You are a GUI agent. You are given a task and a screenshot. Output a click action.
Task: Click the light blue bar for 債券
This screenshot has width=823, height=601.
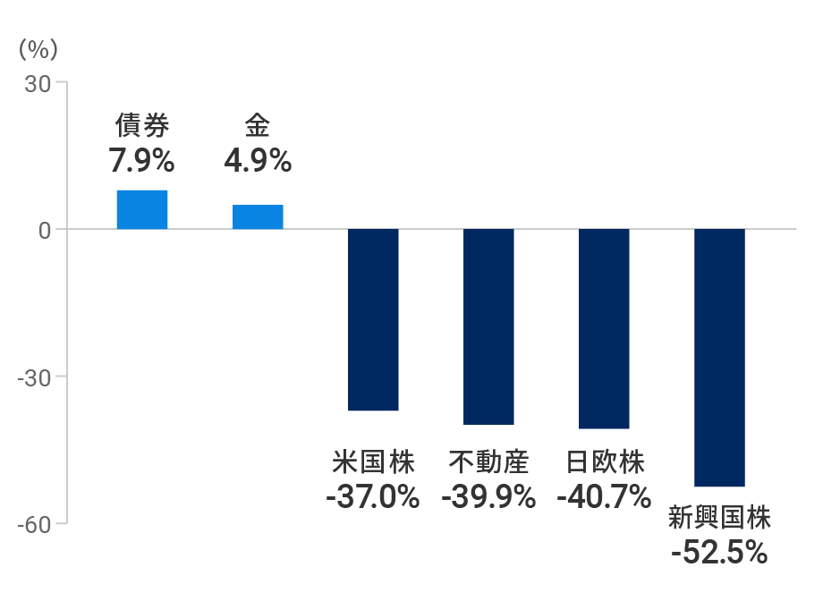point(141,210)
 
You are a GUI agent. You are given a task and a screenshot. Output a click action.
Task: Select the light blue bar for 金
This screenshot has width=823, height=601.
point(258,217)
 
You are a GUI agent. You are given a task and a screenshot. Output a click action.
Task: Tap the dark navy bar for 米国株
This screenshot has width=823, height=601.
point(373,319)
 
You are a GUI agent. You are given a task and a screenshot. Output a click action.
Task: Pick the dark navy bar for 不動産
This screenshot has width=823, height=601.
point(488,326)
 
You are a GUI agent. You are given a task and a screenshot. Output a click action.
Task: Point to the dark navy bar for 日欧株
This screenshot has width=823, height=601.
point(604,328)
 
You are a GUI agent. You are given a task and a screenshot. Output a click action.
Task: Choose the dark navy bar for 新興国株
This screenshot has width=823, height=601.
point(719,358)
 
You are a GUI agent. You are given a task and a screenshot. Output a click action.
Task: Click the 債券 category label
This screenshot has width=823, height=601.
point(141,126)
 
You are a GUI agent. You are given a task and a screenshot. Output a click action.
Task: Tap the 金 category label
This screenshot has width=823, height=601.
point(257,126)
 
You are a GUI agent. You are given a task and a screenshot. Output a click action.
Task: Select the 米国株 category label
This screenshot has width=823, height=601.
point(373,462)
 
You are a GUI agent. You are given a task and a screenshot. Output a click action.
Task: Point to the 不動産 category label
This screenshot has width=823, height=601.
point(488,462)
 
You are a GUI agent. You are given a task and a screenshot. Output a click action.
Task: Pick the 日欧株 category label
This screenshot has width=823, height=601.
point(605,462)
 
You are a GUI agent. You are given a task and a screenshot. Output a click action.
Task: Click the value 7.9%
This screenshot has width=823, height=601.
point(141,161)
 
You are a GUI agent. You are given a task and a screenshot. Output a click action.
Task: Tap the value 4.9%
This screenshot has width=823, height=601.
point(257,161)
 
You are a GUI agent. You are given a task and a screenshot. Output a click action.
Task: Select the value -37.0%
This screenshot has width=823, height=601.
point(373,496)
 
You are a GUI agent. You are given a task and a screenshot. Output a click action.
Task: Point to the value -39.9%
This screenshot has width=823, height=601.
point(488,496)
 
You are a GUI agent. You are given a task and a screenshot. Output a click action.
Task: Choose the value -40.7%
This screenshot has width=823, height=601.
point(604,496)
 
